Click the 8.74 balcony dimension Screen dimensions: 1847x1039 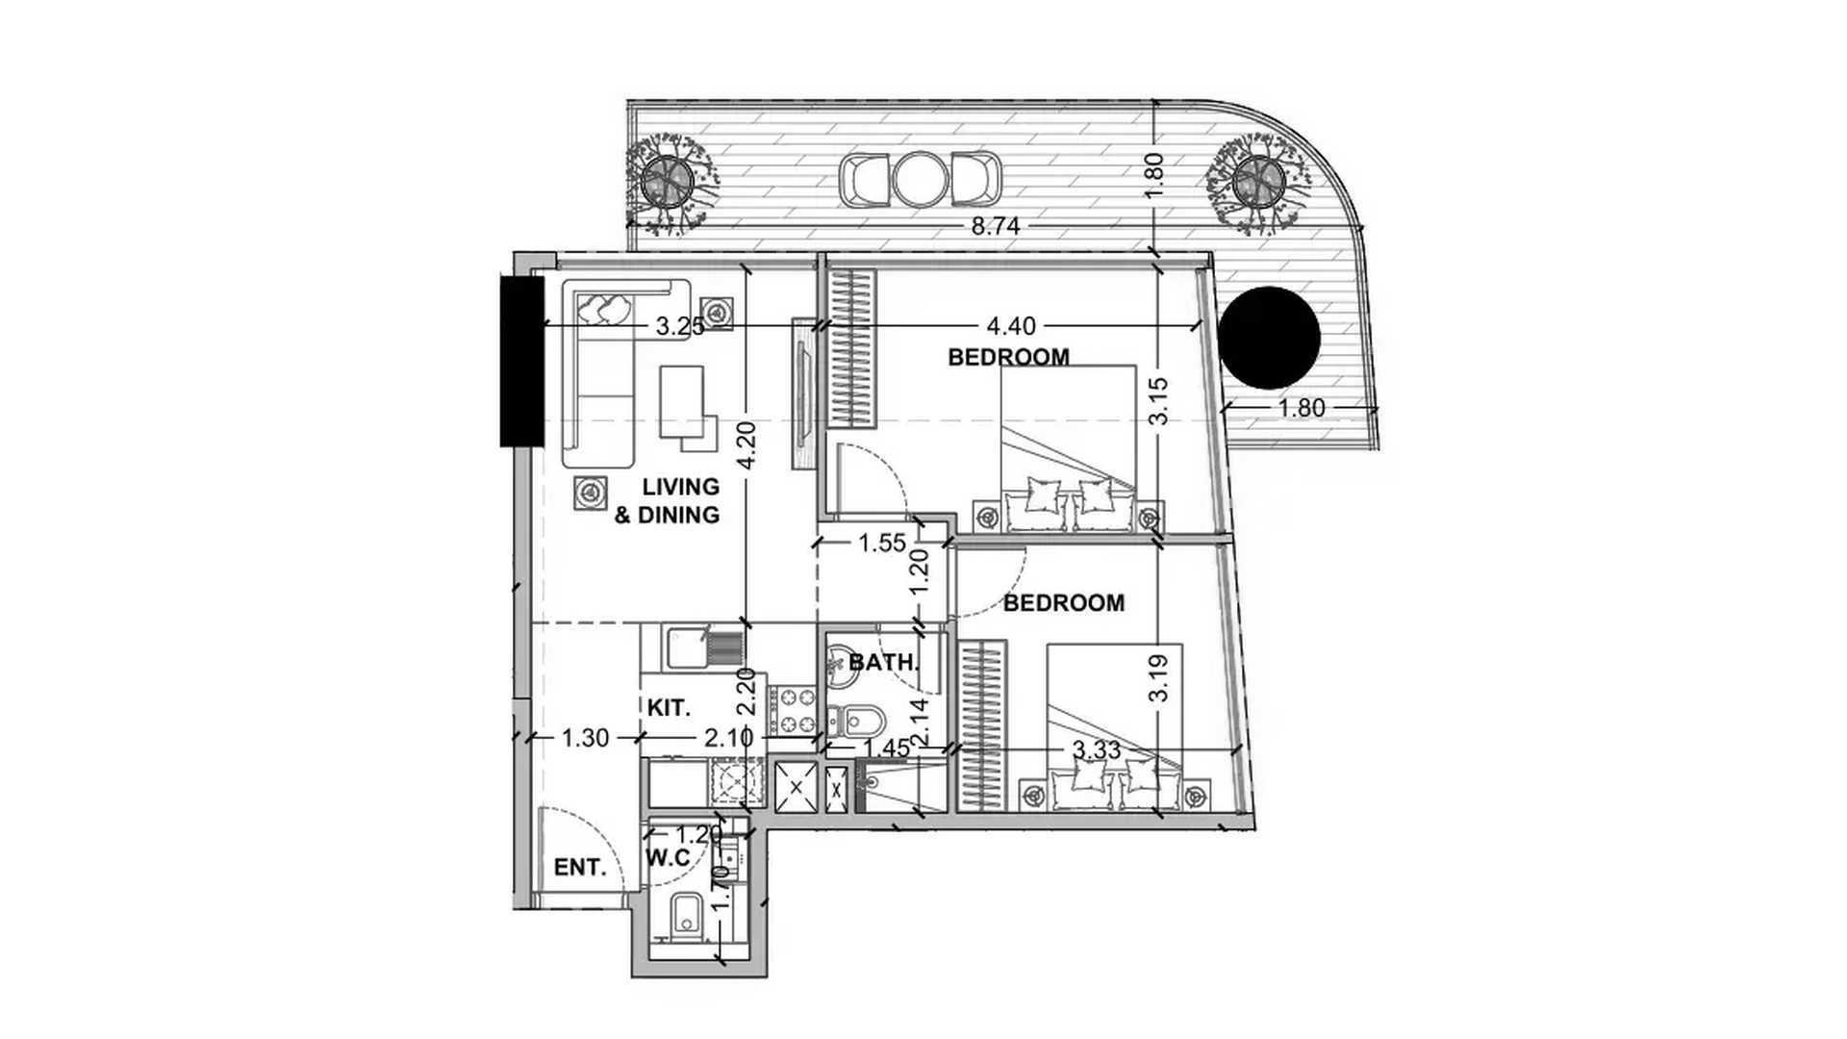coord(995,226)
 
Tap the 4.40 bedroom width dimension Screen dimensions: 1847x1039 coord(1011,327)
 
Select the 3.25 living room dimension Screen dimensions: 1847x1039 coord(680,327)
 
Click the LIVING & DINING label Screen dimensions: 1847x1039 coord(668,501)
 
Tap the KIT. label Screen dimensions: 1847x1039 coord(669,708)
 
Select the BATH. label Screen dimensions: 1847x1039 coord(884,663)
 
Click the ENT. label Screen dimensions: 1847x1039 coord(580,868)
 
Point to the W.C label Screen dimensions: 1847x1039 coord(668,858)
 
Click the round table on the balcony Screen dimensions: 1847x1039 coord(921,180)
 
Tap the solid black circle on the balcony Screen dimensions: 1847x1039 coord(1269,338)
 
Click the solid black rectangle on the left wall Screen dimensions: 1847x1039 coord(522,360)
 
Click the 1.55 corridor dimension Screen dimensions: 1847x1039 coord(881,544)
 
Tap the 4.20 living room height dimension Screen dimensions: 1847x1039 coord(746,444)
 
